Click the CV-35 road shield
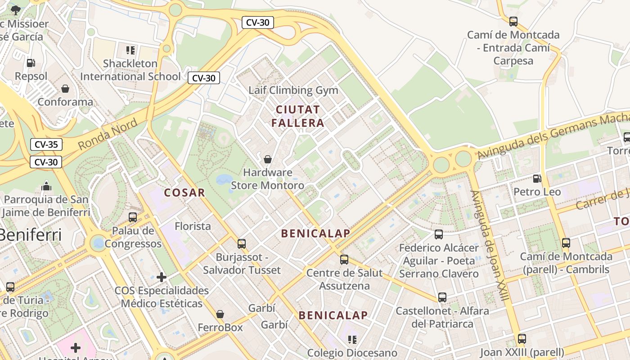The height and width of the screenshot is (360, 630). [x=46, y=144]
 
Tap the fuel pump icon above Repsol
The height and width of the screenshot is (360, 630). [x=31, y=63]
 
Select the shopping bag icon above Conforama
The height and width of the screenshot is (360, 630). [x=65, y=88]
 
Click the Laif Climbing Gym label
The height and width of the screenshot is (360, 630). [x=293, y=90]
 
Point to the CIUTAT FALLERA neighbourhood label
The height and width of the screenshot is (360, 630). [x=297, y=116]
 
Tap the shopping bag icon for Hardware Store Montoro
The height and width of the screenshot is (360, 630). [x=268, y=159]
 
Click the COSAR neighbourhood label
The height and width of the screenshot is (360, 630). [x=184, y=193]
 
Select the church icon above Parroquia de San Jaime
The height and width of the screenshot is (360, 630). [x=46, y=186]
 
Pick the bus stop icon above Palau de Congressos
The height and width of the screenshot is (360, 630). [x=133, y=217]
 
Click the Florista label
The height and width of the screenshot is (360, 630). [x=193, y=226]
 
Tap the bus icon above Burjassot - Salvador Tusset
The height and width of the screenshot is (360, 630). [x=242, y=244]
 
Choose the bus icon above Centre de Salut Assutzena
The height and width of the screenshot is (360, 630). [x=344, y=259]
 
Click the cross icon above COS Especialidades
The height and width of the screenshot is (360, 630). [x=162, y=277]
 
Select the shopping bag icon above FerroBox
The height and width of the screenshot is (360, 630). [x=220, y=314]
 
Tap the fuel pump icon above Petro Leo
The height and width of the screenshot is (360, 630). [x=537, y=179]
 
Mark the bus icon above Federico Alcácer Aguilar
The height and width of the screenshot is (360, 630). [x=439, y=234]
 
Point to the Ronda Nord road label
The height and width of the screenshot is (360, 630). [x=108, y=135]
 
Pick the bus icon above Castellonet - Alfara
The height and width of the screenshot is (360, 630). [x=442, y=297]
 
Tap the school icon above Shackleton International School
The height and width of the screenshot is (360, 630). [x=130, y=50]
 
